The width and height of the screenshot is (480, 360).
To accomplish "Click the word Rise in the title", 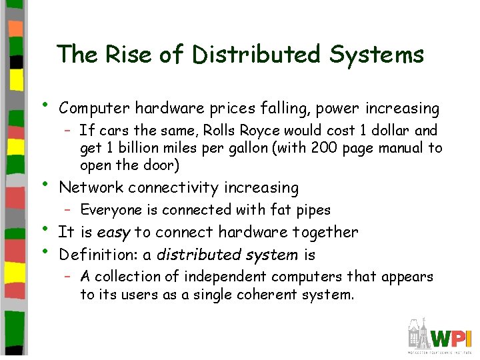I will click(120, 54).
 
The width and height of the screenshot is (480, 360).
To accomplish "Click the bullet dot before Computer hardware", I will click(45, 103).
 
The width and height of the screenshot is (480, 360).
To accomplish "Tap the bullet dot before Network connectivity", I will click(45, 183).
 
